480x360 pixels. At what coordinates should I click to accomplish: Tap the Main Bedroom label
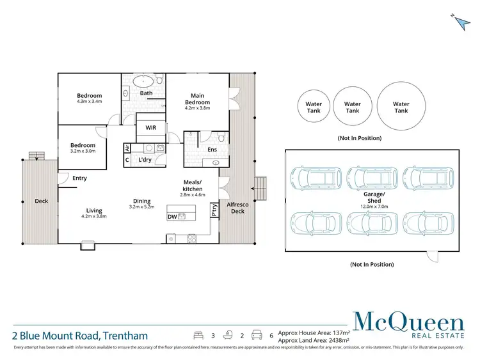[x=197, y=99]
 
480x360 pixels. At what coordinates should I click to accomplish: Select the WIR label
[x=151, y=128]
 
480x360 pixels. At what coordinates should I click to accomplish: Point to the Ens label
[x=212, y=150]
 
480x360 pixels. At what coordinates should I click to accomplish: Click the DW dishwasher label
[x=172, y=217]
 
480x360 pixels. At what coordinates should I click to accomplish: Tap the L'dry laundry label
[x=145, y=160]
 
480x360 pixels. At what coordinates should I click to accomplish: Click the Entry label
[x=80, y=178]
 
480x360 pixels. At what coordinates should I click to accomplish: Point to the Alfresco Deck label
[x=237, y=208]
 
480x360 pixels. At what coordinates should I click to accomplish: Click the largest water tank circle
[x=401, y=107]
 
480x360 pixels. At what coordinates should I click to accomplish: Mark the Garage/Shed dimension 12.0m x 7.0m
[x=374, y=207]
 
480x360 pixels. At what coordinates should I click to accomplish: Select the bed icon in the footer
[x=198, y=334]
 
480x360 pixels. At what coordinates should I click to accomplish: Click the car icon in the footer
[x=256, y=334]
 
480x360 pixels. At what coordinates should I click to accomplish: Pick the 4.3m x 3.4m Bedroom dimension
[x=90, y=102]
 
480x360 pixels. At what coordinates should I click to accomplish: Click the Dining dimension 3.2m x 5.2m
[x=142, y=207]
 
